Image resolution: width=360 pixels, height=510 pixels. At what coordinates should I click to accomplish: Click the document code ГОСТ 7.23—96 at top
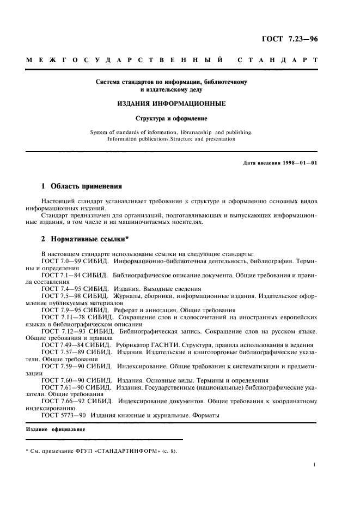(291, 39)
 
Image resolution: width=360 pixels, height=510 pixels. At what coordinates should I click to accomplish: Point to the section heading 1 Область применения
(82, 186)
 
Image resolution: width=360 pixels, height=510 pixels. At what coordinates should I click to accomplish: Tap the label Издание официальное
(54, 429)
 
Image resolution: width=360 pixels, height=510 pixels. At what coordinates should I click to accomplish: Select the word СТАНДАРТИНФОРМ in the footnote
(129, 451)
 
